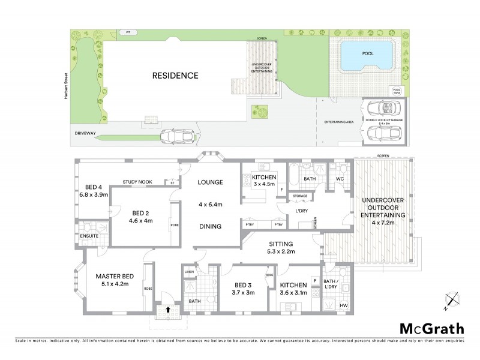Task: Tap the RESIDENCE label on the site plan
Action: [x=175, y=76]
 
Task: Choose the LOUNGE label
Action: [x=211, y=182]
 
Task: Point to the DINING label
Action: [x=210, y=226]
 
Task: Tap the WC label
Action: [x=339, y=178]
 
